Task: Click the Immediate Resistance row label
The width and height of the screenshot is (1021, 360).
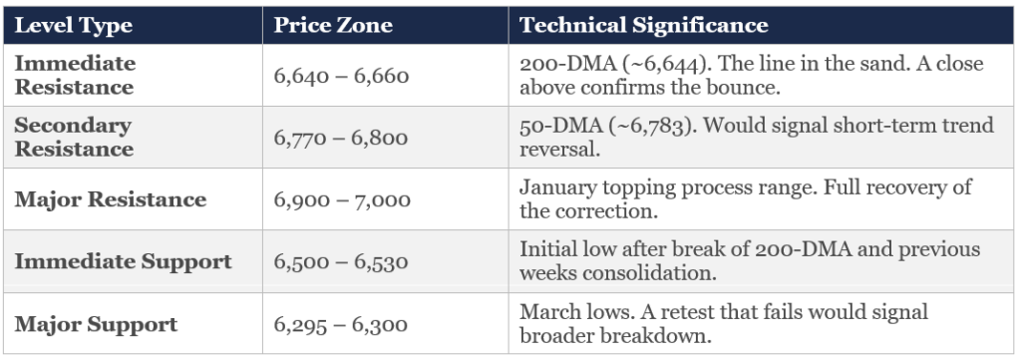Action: [x=74, y=75]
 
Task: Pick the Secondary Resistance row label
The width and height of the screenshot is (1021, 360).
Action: [x=74, y=138]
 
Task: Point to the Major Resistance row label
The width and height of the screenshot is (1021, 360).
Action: [x=111, y=199]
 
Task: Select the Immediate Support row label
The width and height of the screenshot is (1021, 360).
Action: [x=123, y=262]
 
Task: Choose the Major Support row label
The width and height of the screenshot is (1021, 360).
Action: [x=96, y=324]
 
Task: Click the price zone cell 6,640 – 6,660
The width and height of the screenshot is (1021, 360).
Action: [x=341, y=75]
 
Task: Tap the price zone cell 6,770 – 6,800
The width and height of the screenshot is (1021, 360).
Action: [x=340, y=138]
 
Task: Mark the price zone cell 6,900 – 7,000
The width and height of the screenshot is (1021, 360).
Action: [x=342, y=199]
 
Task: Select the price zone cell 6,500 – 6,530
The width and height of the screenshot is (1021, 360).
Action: [x=341, y=262]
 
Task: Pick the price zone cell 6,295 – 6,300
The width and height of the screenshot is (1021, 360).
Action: [x=341, y=324]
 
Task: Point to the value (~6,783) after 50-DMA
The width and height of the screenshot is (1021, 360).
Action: [x=630, y=127]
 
